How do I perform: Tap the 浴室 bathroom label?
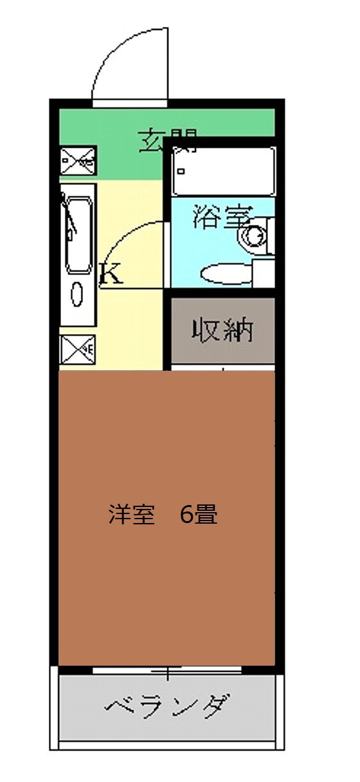(221, 217)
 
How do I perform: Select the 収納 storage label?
(222, 331)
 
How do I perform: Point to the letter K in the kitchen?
(111, 275)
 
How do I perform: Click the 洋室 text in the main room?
(132, 516)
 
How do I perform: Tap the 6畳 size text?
(199, 516)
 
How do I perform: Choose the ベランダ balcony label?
(166, 708)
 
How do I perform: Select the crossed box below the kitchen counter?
(77, 350)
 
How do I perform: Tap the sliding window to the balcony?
(166, 671)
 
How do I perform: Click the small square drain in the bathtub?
(181, 172)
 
